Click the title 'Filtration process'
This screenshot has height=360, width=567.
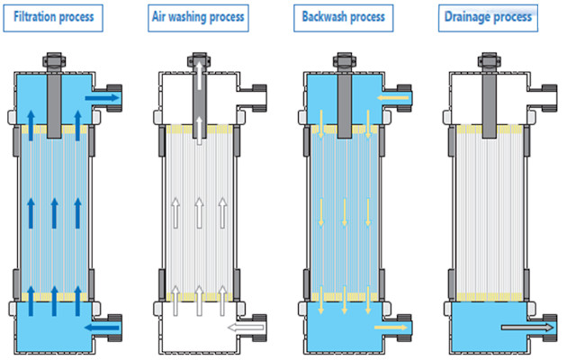(x=62, y=17)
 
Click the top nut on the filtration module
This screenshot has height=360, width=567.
(x=54, y=62)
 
